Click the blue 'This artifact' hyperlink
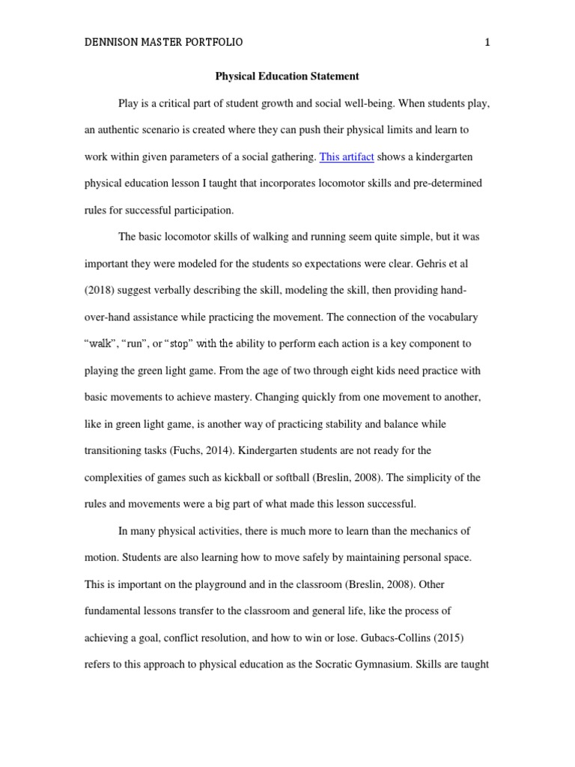click(x=347, y=157)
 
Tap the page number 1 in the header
click(x=487, y=43)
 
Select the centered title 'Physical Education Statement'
click(x=287, y=76)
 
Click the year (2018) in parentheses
click(x=100, y=291)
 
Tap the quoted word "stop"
click(x=178, y=344)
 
